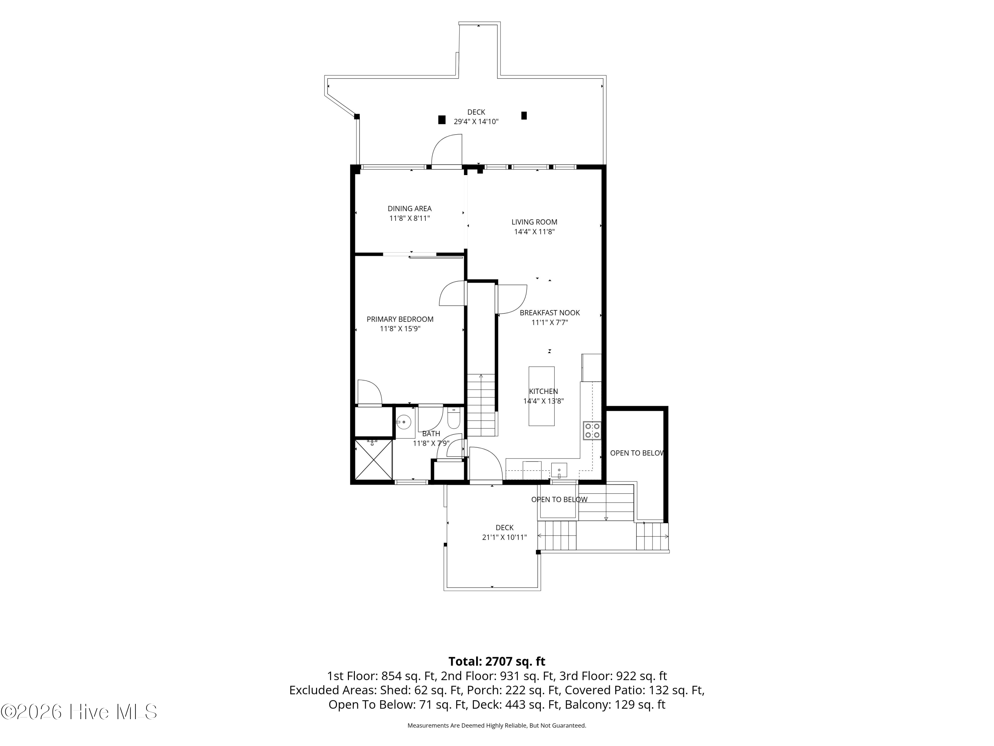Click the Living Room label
coord(534,222)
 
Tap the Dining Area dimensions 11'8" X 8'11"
coord(410,218)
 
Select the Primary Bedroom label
coord(400,319)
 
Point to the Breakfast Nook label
coord(550,313)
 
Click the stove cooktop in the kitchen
coord(592,430)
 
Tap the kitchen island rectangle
coord(541,396)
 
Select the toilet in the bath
coord(453,418)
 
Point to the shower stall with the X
coord(373,460)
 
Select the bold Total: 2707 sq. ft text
coord(497,661)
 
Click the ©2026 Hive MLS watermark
coord(79,712)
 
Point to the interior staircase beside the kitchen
coord(481,405)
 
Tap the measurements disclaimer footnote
coord(497,725)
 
